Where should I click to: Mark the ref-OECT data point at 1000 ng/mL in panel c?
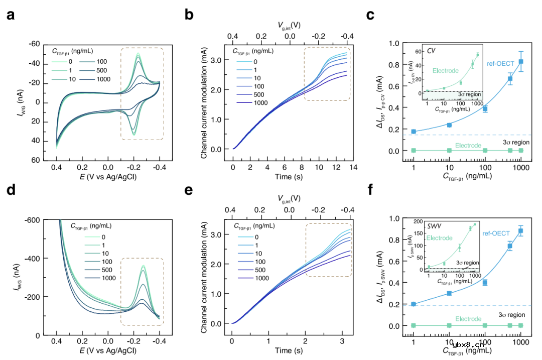click(x=521, y=61)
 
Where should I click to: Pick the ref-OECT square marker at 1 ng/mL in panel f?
click(x=414, y=304)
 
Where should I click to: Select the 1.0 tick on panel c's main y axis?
click(x=395, y=44)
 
